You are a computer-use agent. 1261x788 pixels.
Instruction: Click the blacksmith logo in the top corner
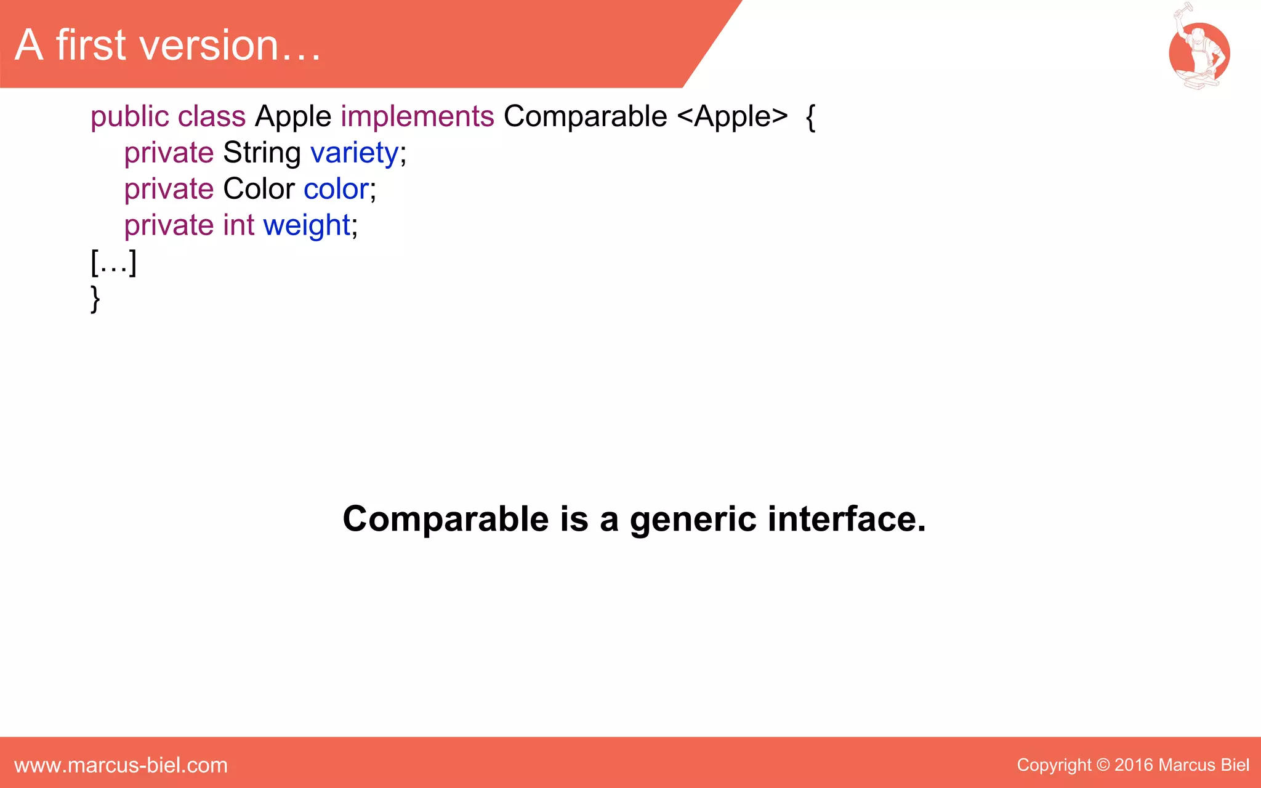[x=1199, y=49]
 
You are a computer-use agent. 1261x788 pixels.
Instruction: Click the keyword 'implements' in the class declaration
[x=417, y=116]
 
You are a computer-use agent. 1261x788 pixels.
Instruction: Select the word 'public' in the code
[x=129, y=116]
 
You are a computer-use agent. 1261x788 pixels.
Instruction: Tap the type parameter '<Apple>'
[x=732, y=116]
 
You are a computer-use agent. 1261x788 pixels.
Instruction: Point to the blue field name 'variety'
[x=354, y=153]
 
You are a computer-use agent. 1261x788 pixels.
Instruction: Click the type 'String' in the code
[x=262, y=153]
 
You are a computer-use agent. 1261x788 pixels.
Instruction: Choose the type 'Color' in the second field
[x=259, y=189]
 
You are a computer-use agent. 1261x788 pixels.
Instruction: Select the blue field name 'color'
[x=336, y=189]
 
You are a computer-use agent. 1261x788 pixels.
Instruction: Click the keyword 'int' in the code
[x=238, y=225]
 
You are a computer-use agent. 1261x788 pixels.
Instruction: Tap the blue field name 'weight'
[x=307, y=225]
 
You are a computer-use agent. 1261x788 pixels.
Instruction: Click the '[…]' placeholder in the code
[x=113, y=263]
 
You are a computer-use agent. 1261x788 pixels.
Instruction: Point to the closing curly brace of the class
[x=95, y=299]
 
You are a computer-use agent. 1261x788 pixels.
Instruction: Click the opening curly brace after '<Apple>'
[x=811, y=117]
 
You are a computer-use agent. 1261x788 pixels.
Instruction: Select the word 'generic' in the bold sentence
[x=693, y=519]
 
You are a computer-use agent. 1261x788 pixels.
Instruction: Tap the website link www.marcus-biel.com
[x=121, y=765]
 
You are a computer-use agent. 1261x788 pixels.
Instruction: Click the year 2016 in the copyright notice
[x=1134, y=765]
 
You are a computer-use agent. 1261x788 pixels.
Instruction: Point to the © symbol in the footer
[x=1103, y=765]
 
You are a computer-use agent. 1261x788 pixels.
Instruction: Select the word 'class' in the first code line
[x=212, y=116]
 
